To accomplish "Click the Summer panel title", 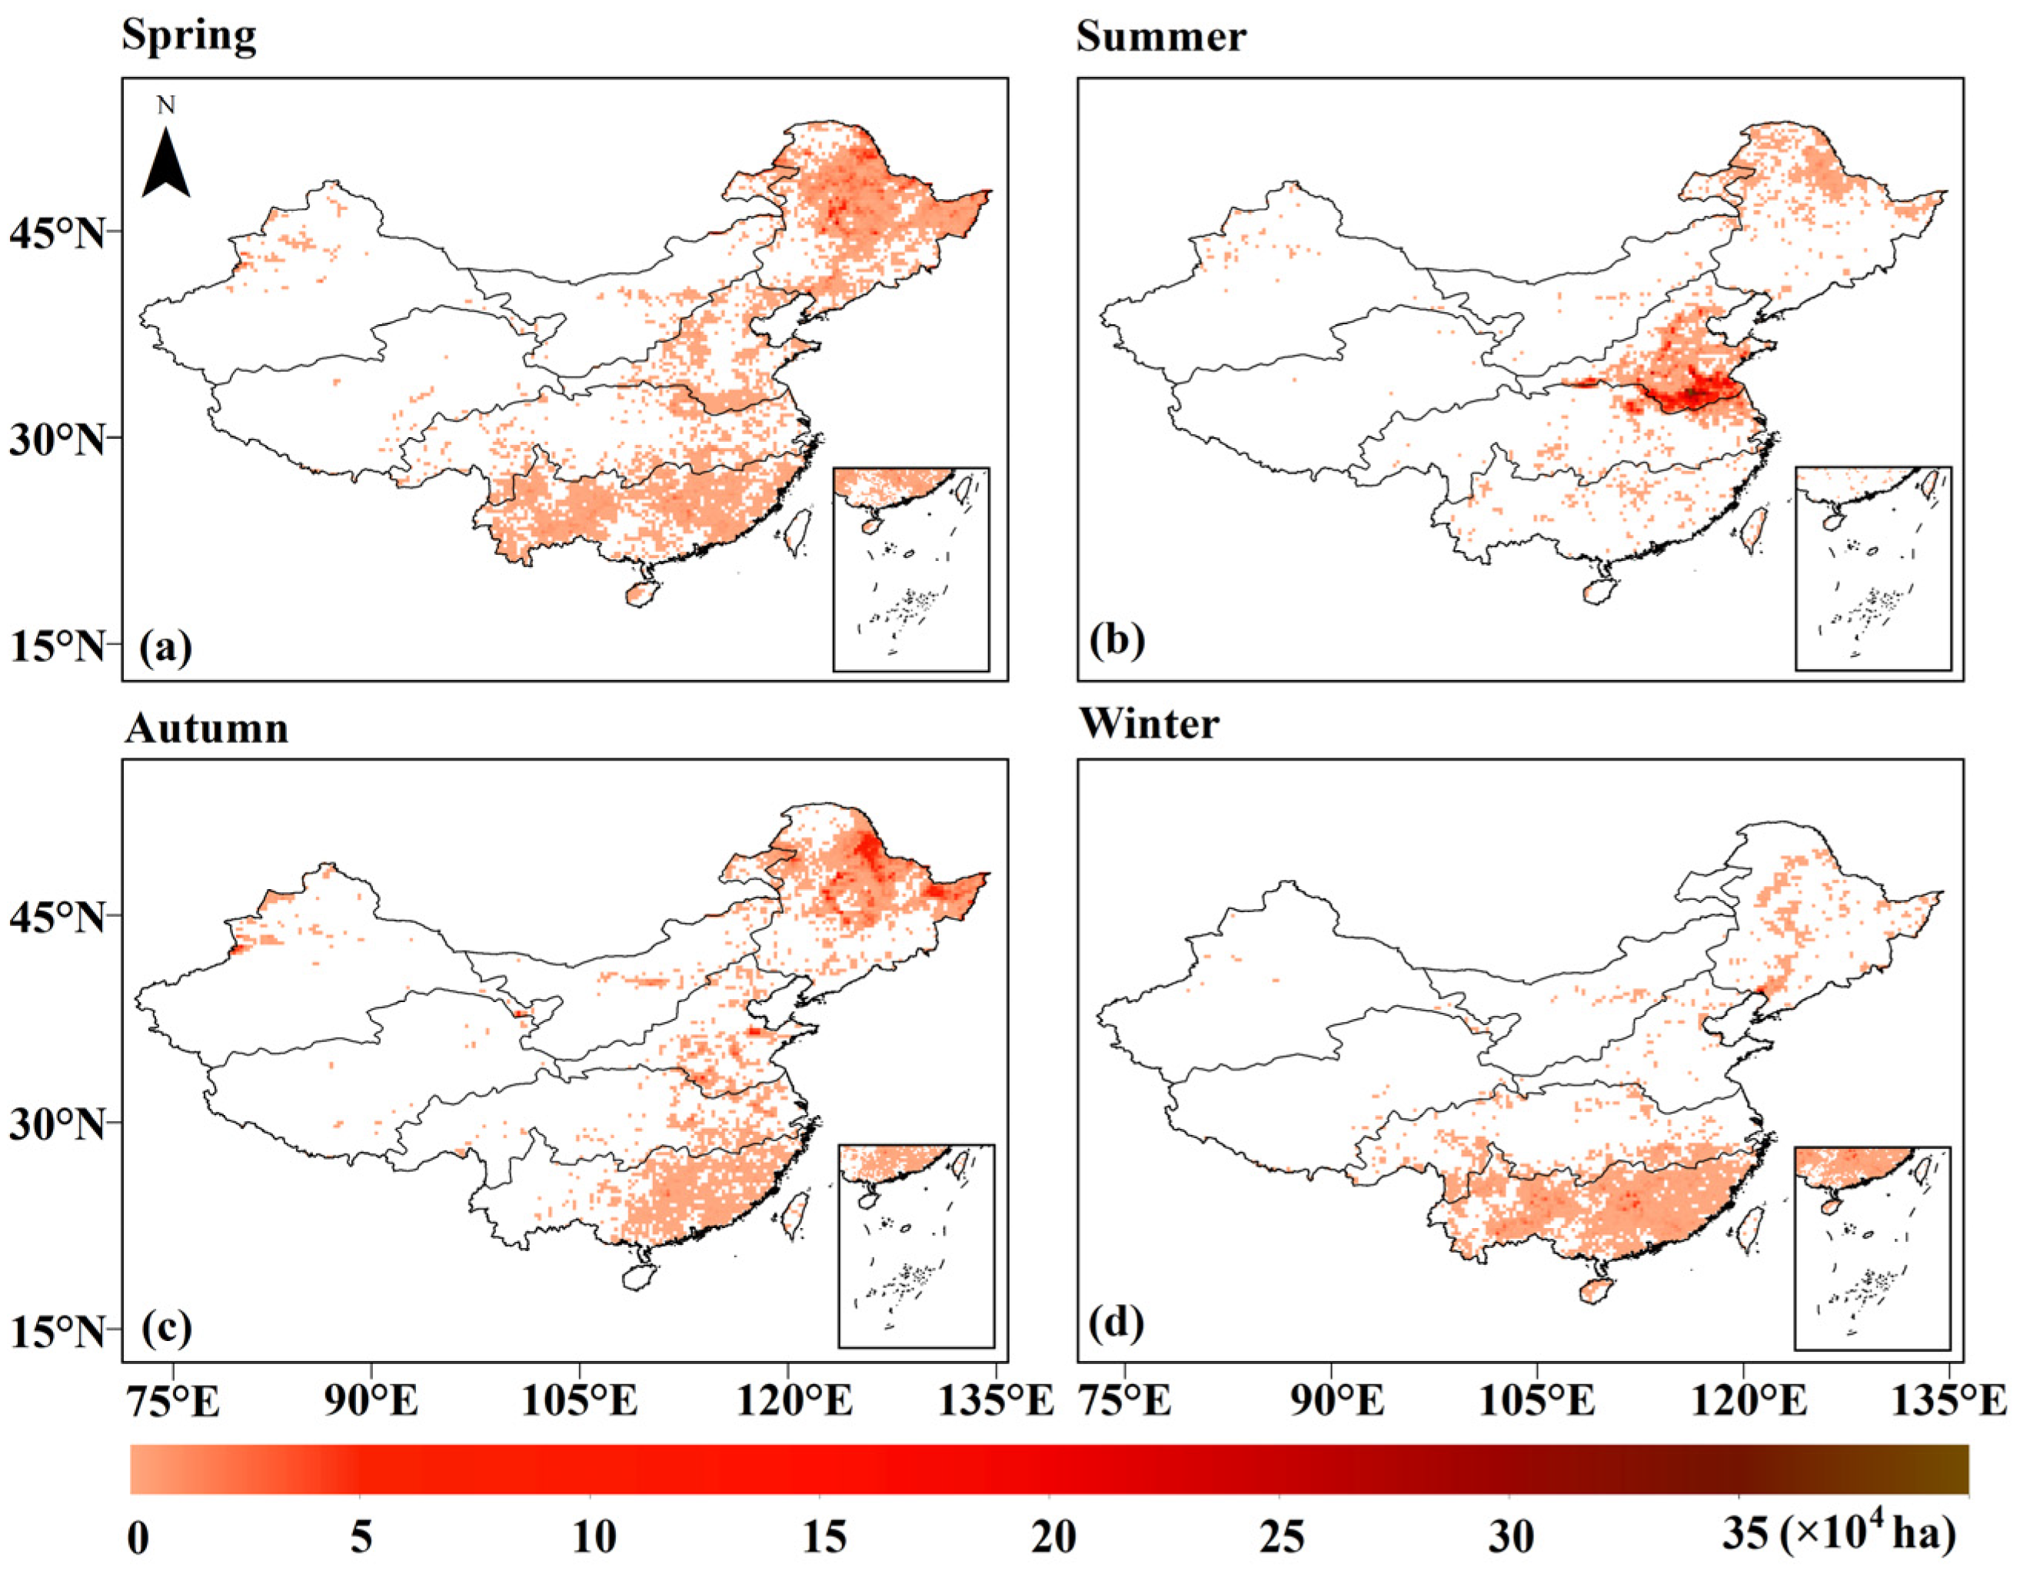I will [1161, 37].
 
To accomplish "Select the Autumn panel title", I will [206, 729].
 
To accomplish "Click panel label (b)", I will [1117, 640].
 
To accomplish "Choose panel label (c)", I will [167, 1328].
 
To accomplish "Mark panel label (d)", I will [1117, 1323].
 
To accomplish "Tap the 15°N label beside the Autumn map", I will [58, 1332].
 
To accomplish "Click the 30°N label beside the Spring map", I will [58, 440].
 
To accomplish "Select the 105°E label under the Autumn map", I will [580, 1402].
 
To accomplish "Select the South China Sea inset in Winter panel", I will [1872, 1248].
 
